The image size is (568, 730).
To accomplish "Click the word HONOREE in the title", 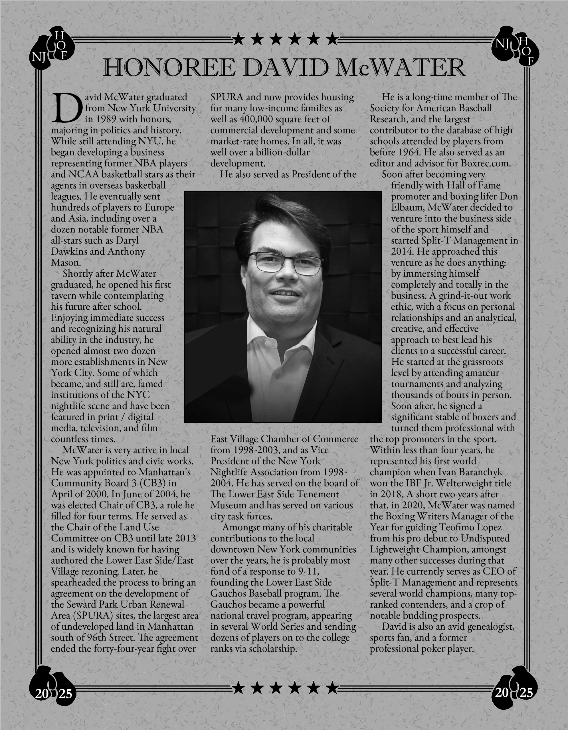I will point(169,68).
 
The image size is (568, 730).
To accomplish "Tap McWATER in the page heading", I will point(401,68).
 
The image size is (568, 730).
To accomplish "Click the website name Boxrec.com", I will point(486,163).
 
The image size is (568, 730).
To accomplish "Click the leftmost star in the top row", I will point(238,39).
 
